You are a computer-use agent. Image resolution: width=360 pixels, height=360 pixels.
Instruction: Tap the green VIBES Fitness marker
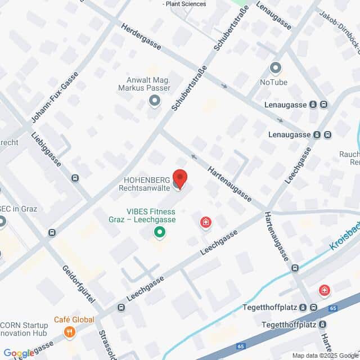[160, 231]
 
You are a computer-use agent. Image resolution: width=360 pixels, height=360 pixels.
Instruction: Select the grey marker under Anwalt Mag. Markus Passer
[154, 101]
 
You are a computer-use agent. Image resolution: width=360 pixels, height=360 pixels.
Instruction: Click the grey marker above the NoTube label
[275, 69]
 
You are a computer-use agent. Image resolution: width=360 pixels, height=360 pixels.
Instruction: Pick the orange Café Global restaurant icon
[70, 332]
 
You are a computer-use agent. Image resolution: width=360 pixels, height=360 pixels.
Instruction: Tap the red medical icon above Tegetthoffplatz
[324, 291]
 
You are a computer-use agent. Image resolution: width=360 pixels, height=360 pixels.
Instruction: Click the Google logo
[19, 353]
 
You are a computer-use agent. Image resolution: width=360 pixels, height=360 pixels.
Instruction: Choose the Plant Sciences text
[184, 4]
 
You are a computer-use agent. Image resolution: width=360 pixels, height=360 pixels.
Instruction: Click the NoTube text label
[274, 83]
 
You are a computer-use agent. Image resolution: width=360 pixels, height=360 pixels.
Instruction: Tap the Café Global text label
[73, 319]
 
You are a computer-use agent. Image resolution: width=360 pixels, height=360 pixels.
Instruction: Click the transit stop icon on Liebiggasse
[75, 178]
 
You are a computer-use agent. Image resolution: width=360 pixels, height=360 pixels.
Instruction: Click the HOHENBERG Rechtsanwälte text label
[145, 183]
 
